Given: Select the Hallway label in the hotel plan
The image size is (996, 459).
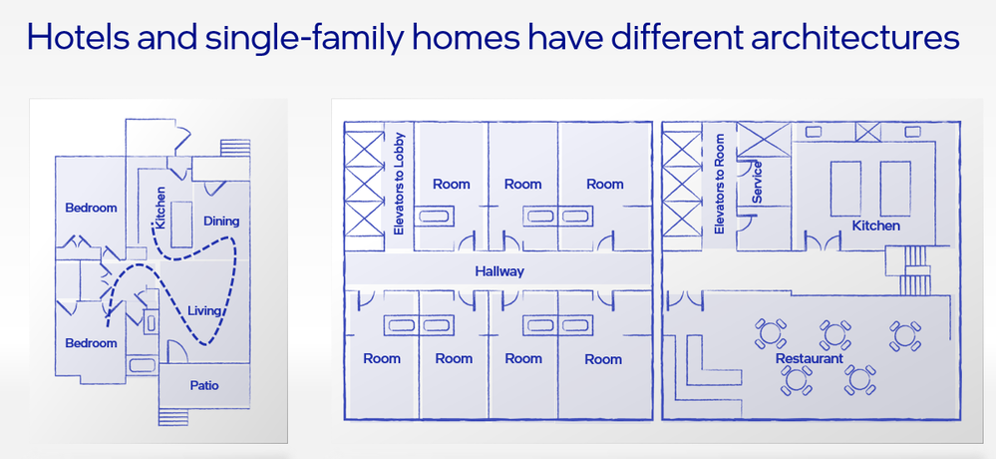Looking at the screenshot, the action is point(499,271).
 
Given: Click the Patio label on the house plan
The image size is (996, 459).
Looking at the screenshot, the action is point(204,385).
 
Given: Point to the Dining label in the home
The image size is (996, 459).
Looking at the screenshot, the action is point(221,222).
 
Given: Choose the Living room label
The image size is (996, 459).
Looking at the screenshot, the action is point(204,311).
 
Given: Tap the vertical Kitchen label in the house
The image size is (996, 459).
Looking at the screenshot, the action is point(161,208).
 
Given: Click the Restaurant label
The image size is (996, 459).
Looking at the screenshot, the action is point(809,358).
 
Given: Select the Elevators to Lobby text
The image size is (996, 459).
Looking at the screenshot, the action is point(399,183).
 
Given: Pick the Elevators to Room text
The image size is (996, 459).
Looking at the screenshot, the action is point(719,183).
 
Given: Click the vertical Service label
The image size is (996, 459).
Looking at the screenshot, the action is point(757,182).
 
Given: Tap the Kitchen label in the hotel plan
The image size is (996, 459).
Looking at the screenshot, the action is point(876,226).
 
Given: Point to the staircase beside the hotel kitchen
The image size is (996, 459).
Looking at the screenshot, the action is point(915,270).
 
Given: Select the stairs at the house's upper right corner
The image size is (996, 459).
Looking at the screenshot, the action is point(235,148).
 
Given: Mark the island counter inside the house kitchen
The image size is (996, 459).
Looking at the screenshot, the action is point(181,225).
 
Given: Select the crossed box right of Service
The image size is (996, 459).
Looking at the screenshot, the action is point(764,140).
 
